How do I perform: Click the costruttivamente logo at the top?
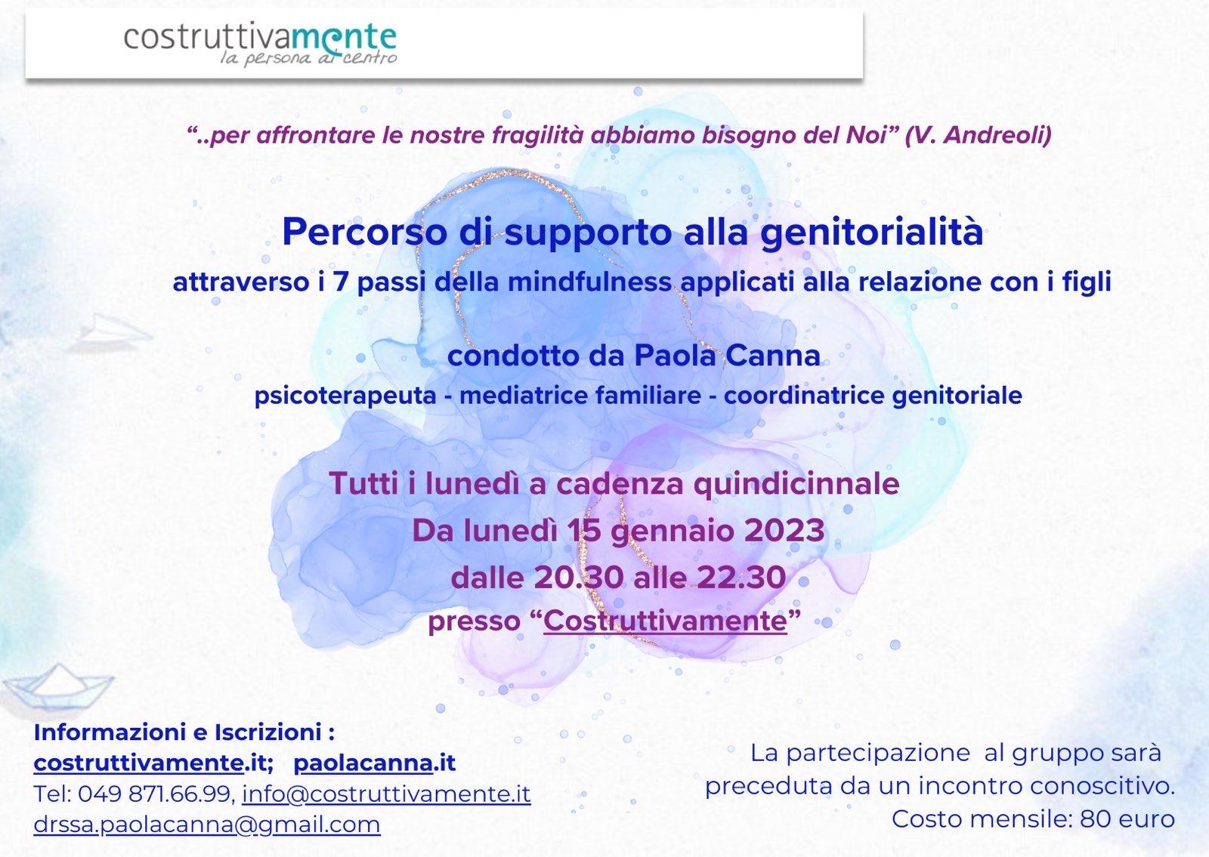[260, 45]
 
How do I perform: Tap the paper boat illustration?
[58, 686]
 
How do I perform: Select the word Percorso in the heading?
[365, 232]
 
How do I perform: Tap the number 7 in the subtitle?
[341, 282]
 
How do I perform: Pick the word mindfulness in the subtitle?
[590, 282]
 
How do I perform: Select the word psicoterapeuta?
[345, 396]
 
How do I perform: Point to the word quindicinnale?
[796, 484]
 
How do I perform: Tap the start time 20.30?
[579, 578]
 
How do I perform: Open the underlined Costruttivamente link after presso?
[666, 621]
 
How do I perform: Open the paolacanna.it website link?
[375, 763]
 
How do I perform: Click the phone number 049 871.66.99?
[154, 794]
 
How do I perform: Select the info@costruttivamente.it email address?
[386, 794]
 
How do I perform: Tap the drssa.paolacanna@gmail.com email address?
[207, 825]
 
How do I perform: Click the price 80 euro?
[1127, 819]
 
